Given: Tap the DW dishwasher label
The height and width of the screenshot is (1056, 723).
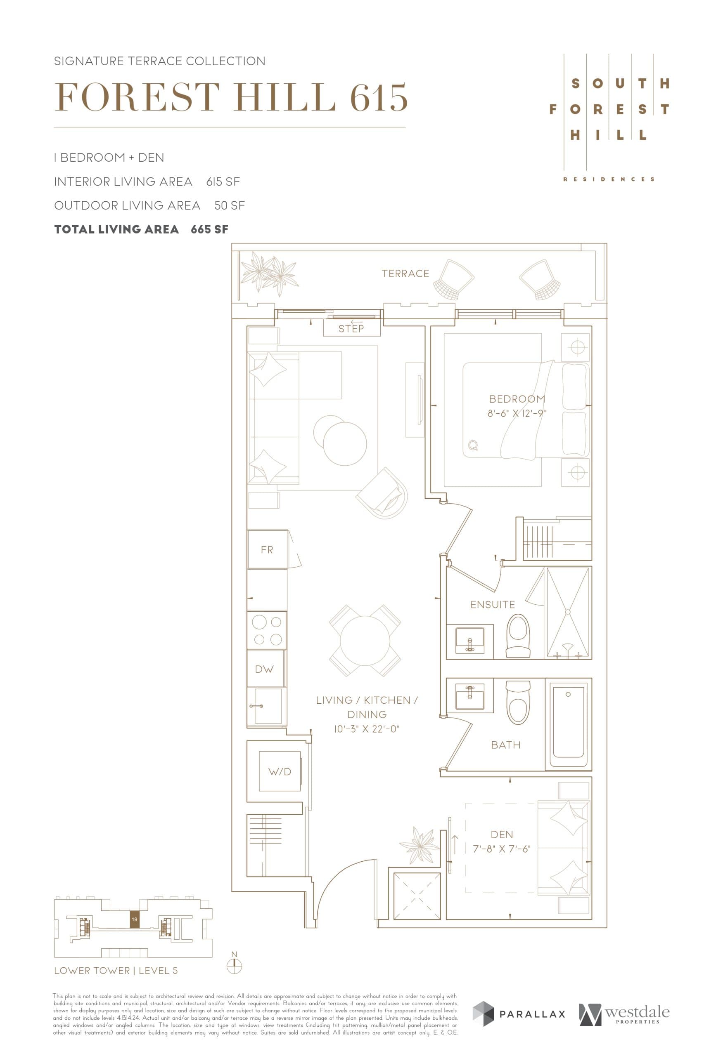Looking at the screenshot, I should click(x=264, y=669).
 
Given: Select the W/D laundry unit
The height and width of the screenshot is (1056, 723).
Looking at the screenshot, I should click(x=280, y=771).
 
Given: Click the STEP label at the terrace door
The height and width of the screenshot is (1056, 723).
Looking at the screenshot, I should click(x=351, y=328).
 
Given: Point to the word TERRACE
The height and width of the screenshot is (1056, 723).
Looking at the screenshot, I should click(x=405, y=273).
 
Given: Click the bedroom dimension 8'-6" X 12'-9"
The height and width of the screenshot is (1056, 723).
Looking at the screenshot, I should click(x=517, y=413).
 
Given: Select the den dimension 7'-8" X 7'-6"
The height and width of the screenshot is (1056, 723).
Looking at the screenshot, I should click(x=502, y=849).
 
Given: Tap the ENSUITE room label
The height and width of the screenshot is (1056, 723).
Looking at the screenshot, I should click(x=493, y=604).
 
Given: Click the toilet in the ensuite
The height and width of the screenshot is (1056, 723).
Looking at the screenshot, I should click(x=518, y=635).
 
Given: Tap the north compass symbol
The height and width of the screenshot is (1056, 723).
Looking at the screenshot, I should click(x=234, y=966).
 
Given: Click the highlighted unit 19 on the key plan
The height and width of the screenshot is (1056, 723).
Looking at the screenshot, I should click(x=134, y=919).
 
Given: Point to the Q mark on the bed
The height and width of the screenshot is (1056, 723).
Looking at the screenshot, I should click(x=473, y=445).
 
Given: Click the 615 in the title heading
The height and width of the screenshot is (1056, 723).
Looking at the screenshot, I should click(x=378, y=97).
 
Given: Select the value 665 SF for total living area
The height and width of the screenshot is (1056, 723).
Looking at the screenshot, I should click(x=209, y=229).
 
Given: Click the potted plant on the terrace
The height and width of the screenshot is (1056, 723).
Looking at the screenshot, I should click(x=268, y=274).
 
